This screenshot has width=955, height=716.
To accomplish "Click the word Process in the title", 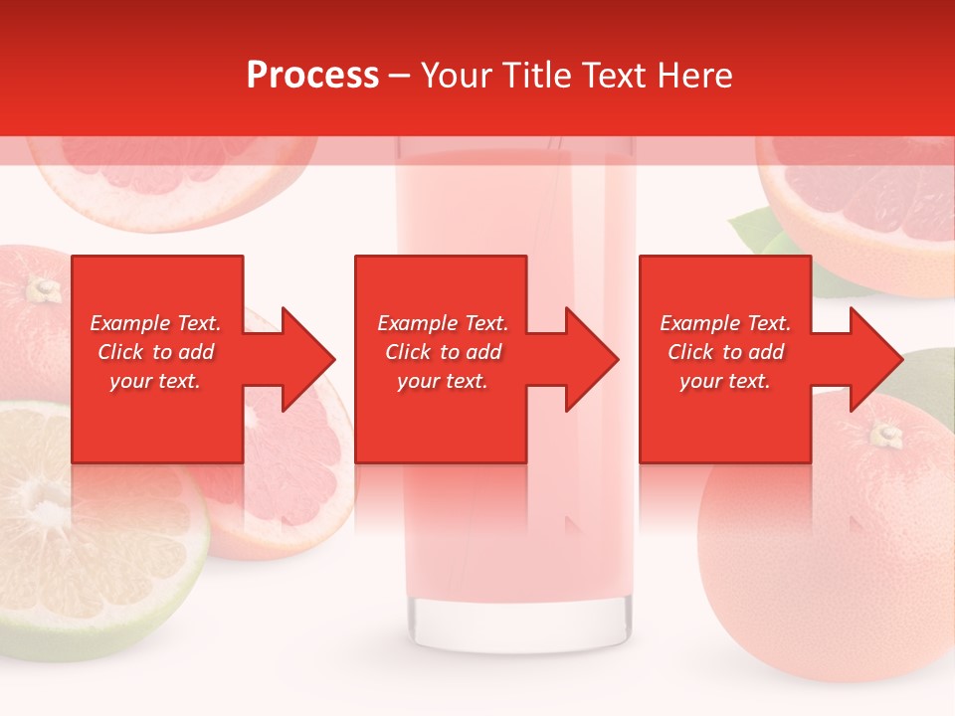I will (312, 76).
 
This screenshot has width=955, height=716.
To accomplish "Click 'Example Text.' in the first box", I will (155, 323).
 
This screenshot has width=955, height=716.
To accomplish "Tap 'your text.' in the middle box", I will (442, 381).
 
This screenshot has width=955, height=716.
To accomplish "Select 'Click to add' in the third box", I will (725, 352).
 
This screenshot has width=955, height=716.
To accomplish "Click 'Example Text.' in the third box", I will (725, 323).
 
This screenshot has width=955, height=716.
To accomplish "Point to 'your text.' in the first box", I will (155, 381).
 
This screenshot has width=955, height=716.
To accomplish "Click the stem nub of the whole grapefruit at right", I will (885, 434).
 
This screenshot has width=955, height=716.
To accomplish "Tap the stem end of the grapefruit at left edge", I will (42, 289).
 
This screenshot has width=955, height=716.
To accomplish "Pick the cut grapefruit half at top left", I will (164, 174).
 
